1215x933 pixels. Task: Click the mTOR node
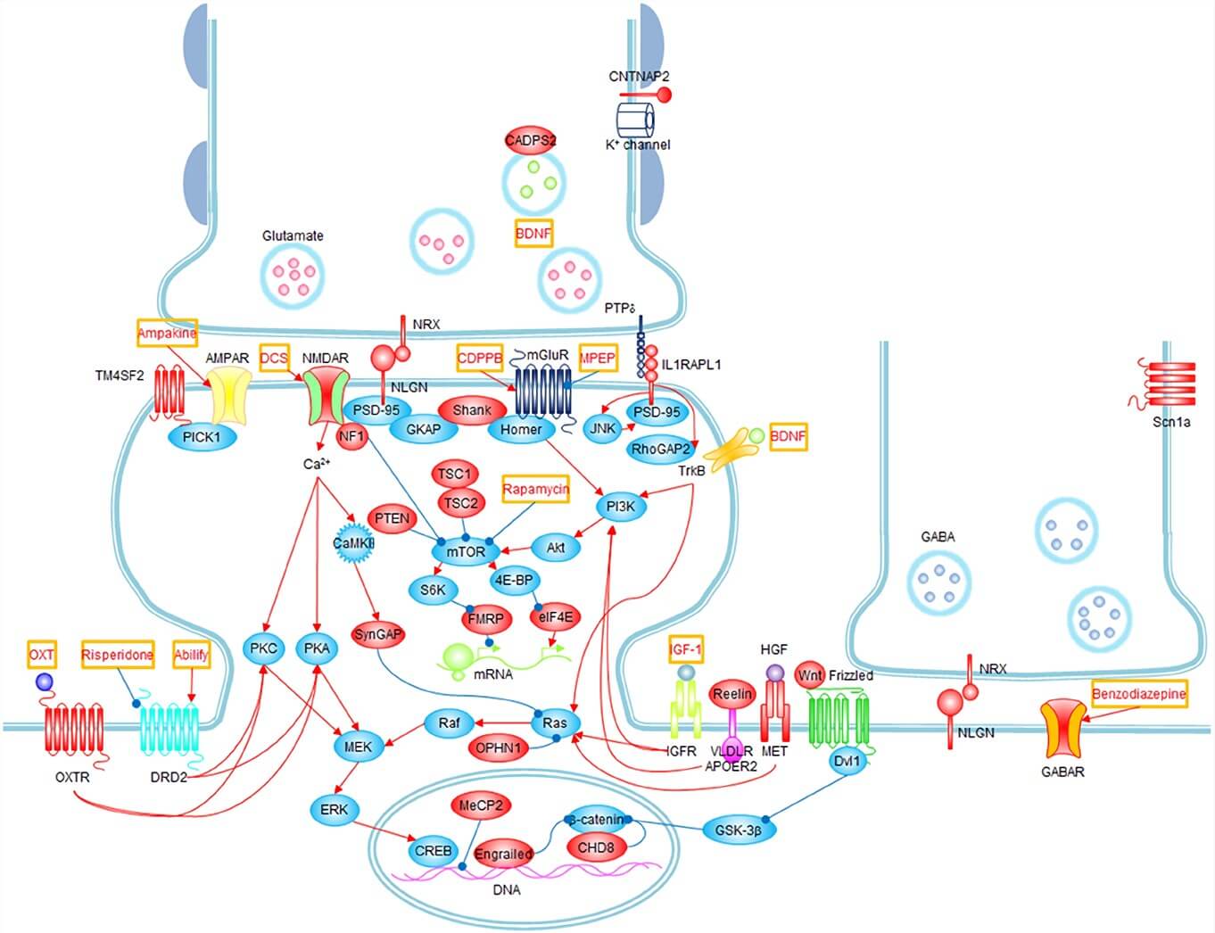tap(465, 551)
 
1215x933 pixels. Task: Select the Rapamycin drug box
tap(535, 490)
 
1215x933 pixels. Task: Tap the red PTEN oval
tap(392, 518)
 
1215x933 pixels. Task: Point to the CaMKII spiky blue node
tap(353, 543)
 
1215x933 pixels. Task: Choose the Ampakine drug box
tap(167, 334)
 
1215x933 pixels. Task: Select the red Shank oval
tap(472, 410)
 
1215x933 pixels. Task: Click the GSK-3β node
tap(739, 830)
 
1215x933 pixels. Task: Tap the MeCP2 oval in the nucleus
tap(481, 805)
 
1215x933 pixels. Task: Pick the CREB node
tap(434, 851)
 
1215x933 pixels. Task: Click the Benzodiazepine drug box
tap(1139, 693)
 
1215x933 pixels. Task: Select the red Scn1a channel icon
tap(1169, 384)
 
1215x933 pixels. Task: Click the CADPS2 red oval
tap(531, 140)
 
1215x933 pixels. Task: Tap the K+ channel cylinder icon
tap(636, 119)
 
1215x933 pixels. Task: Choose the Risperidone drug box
tap(118, 655)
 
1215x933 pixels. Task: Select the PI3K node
tap(620, 507)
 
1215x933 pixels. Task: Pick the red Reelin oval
tap(732, 693)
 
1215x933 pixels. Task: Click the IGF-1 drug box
tap(685, 649)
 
